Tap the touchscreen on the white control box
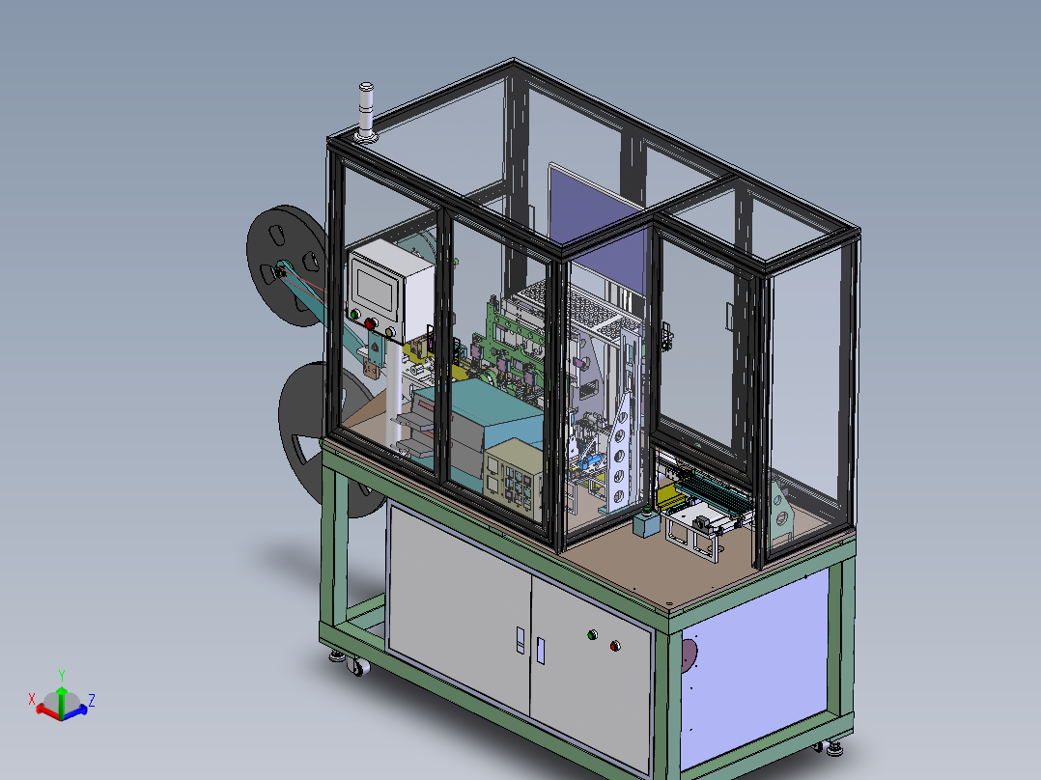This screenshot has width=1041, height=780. pos(375,288)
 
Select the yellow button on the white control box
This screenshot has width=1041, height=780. pos(390,332)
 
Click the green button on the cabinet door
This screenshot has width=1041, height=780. pos(592,635)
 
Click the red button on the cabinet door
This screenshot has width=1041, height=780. pos(615,646)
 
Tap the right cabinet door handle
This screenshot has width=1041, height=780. pos(540,650)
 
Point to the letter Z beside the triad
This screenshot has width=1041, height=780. pos(91,700)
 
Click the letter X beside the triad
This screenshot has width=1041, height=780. pos(32,698)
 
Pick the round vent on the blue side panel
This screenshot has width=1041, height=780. pos(687,655)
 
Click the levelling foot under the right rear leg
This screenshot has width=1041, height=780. pos(833,745)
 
